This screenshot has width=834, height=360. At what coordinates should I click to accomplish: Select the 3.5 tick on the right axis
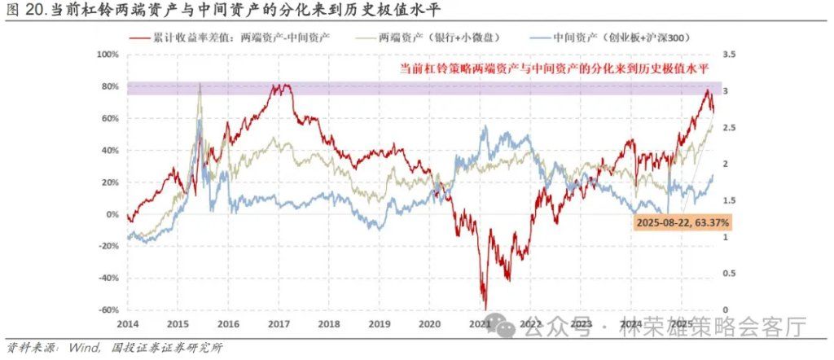click(x=729, y=55)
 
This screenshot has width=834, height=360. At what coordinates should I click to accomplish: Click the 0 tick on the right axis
click(x=724, y=310)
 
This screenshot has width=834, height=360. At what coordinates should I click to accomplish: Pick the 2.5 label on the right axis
click(x=729, y=128)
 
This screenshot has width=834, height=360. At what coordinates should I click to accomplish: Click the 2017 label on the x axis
click(x=279, y=323)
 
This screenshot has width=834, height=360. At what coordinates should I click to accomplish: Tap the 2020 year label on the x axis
click(x=429, y=323)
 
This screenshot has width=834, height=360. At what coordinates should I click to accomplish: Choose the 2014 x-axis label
click(x=128, y=323)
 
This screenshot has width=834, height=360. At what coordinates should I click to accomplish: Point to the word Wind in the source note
click(x=85, y=349)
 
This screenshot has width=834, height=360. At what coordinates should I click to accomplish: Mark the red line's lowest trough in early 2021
click(x=485, y=306)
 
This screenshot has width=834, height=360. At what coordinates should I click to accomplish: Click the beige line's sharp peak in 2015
click(x=200, y=85)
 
